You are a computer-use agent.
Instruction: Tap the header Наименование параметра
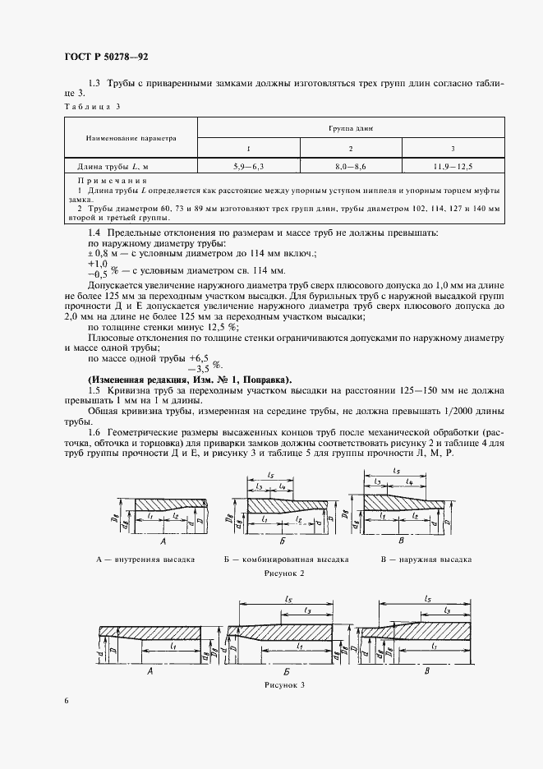coord(130,138)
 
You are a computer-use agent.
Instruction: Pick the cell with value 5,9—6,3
coord(247,166)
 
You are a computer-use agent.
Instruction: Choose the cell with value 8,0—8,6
coord(351,166)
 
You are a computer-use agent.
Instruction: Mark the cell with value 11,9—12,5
coord(453,166)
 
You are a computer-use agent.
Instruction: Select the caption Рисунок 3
coord(284,684)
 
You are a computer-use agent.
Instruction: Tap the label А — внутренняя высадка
coord(145,559)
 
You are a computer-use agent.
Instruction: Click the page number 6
coord(66,700)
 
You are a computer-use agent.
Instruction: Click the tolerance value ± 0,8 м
coord(103,254)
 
